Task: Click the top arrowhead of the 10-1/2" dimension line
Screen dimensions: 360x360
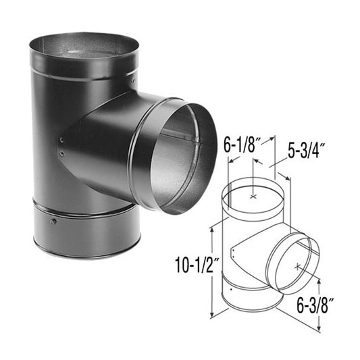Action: [x=213, y=229]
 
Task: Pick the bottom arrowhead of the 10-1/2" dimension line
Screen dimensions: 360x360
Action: [x=213, y=315]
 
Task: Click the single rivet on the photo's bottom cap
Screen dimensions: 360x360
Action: [x=52, y=221]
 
